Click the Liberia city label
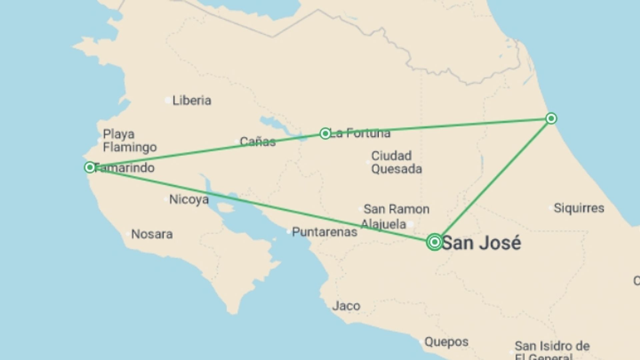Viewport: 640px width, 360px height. [192, 100]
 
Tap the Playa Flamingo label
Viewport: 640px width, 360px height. [130, 141]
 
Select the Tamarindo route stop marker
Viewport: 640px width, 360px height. [90, 167]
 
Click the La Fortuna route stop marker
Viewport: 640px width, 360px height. [325, 134]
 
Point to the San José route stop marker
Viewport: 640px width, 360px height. [434, 242]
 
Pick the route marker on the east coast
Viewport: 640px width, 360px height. [551, 118]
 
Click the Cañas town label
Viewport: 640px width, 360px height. [258, 142]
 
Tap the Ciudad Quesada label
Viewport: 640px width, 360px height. [396, 162]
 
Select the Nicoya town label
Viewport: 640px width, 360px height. [189, 200]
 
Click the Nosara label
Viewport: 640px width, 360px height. [152, 234]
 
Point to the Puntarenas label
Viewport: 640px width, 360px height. [324, 232]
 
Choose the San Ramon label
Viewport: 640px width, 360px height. [396, 209]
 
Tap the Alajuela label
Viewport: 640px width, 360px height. [383, 224]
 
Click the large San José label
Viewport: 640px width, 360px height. [481, 243]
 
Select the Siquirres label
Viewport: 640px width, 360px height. [579, 208]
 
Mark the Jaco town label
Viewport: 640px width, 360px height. [346, 306]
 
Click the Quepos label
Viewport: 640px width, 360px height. [446, 342]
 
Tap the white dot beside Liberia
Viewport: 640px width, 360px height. [168, 100]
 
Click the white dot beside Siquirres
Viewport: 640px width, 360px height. [550, 208]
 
